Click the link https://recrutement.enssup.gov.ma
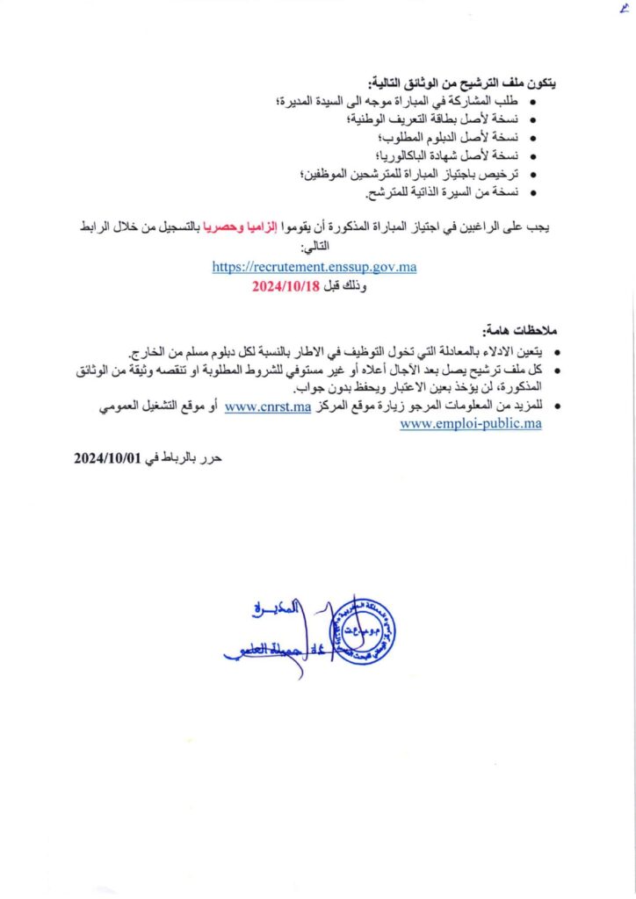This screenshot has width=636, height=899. pos(314,268)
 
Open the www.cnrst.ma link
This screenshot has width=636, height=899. pos(268,406)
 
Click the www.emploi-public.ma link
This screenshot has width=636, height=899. pos(471,423)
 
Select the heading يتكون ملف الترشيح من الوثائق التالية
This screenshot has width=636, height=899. pos(473,82)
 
